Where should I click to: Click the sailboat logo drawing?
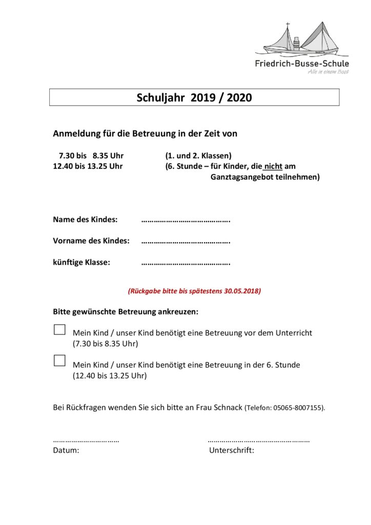click(x=301, y=40)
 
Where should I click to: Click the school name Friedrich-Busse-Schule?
click(x=302, y=64)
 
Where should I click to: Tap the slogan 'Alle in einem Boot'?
click(x=328, y=72)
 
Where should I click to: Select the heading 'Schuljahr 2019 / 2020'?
click(x=194, y=97)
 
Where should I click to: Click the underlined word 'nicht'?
click(x=273, y=166)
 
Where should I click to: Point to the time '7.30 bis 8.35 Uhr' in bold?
click(x=91, y=155)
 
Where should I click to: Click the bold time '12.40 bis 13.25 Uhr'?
click(x=88, y=166)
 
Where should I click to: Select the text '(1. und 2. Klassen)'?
click(x=198, y=155)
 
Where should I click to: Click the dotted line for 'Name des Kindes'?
click(x=186, y=221)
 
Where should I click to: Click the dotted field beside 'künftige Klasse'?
click(x=186, y=264)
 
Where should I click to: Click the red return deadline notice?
click(x=194, y=291)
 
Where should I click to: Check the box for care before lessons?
click(x=59, y=330)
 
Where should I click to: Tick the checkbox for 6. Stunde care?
click(x=59, y=360)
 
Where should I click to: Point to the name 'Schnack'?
click(x=227, y=408)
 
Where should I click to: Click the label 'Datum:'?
click(x=66, y=451)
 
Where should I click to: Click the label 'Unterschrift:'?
click(x=232, y=451)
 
